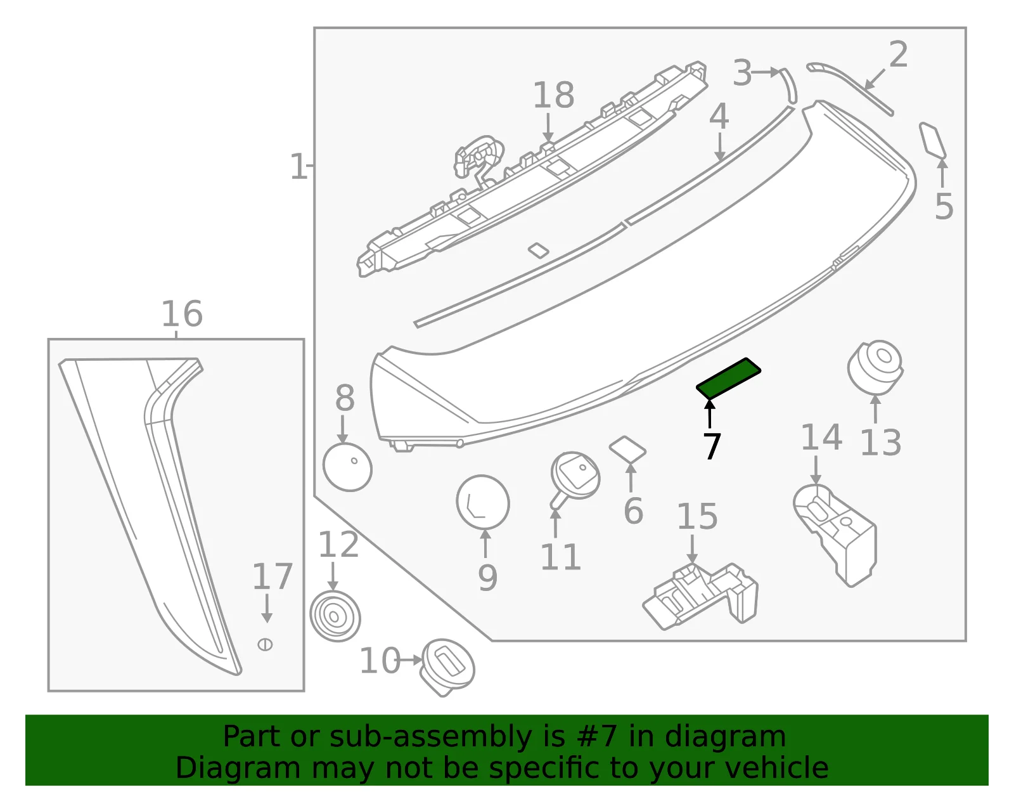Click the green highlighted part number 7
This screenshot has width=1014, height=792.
click(x=728, y=379)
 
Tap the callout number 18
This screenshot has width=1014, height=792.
click(x=553, y=95)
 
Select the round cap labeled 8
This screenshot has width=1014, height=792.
click(x=348, y=467)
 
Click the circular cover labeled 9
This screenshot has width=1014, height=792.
click(x=483, y=503)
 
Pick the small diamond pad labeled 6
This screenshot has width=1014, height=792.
click(x=627, y=449)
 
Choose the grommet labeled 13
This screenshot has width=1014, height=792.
click(x=875, y=368)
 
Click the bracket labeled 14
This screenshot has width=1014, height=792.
click(x=835, y=535)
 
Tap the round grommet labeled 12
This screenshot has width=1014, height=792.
click(x=335, y=616)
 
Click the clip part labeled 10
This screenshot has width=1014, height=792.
click(x=447, y=667)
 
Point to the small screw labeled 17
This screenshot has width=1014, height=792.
click(x=265, y=644)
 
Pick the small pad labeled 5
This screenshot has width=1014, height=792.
click(x=933, y=140)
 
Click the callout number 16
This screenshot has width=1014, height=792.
click(x=182, y=314)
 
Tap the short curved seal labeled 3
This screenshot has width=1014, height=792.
click(x=790, y=86)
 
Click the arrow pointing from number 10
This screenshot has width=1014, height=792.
click(x=411, y=660)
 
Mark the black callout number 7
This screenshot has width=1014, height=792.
click(x=712, y=446)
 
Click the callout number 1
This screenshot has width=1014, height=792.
click(x=298, y=166)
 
